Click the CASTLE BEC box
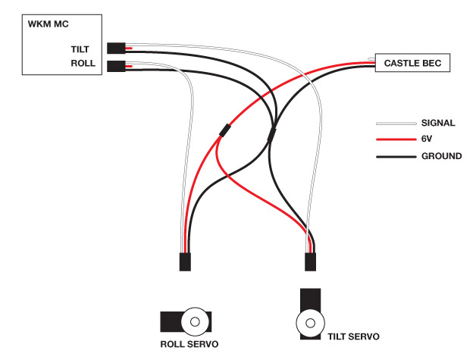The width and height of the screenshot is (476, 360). [413, 63]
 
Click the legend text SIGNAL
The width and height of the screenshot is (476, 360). [437, 123]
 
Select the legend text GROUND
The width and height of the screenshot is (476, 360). [440, 156]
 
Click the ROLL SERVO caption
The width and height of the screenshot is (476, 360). [189, 344]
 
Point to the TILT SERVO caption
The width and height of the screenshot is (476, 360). [354, 335]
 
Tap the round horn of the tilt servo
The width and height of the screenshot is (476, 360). [308, 324]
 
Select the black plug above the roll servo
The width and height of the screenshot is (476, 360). [185, 261]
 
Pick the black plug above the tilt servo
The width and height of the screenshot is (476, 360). [310, 261]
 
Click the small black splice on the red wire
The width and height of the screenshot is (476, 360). [224, 130]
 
